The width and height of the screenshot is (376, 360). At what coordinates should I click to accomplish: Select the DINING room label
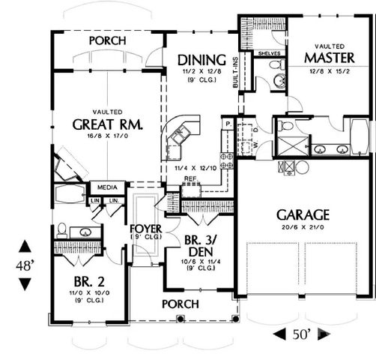point(201,60)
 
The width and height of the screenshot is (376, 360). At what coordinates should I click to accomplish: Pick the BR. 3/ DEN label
point(201,246)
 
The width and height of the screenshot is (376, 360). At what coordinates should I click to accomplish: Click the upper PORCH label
point(106,40)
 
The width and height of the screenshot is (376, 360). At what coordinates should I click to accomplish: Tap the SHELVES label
point(267,54)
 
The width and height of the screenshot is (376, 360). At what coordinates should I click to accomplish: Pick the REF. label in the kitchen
point(191,178)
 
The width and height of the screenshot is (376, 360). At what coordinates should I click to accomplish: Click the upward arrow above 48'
point(25,246)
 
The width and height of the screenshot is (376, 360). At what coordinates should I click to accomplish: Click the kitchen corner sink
point(180,135)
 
